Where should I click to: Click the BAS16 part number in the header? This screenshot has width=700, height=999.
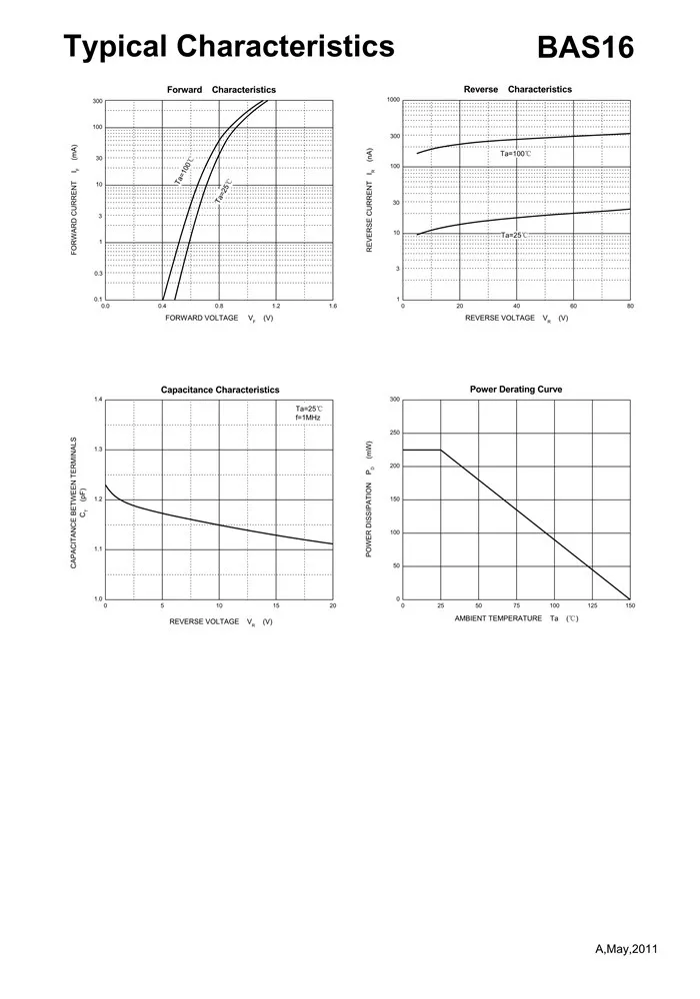(x=585, y=47)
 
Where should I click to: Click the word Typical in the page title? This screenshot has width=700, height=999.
(x=117, y=46)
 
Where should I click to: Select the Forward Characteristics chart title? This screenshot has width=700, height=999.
(x=221, y=90)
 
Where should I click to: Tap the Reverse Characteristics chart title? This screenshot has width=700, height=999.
(x=518, y=89)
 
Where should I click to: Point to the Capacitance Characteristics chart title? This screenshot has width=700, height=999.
(x=220, y=390)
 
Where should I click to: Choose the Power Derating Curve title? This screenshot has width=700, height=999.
(x=516, y=389)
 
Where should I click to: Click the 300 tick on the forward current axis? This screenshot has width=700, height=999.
(x=98, y=101)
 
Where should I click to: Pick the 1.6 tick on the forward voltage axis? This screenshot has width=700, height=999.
(x=333, y=307)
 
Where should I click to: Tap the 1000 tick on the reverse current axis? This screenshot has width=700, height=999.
(x=393, y=100)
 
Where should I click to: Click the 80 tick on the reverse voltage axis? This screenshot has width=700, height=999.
(x=630, y=307)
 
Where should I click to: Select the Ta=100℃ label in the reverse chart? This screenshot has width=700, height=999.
(x=516, y=154)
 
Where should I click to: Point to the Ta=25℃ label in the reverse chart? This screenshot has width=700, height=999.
(x=515, y=236)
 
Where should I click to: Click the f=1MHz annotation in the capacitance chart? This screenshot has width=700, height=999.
(x=308, y=418)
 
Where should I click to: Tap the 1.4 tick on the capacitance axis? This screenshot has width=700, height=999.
(x=98, y=400)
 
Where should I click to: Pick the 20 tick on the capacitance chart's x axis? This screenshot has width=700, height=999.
(x=332, y=606)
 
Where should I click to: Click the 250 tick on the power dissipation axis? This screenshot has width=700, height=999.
(x=395, y=433)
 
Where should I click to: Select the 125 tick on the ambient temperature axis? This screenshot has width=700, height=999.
(x=592, y=606)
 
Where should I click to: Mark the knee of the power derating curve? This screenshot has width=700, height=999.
(x=441, y=450)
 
